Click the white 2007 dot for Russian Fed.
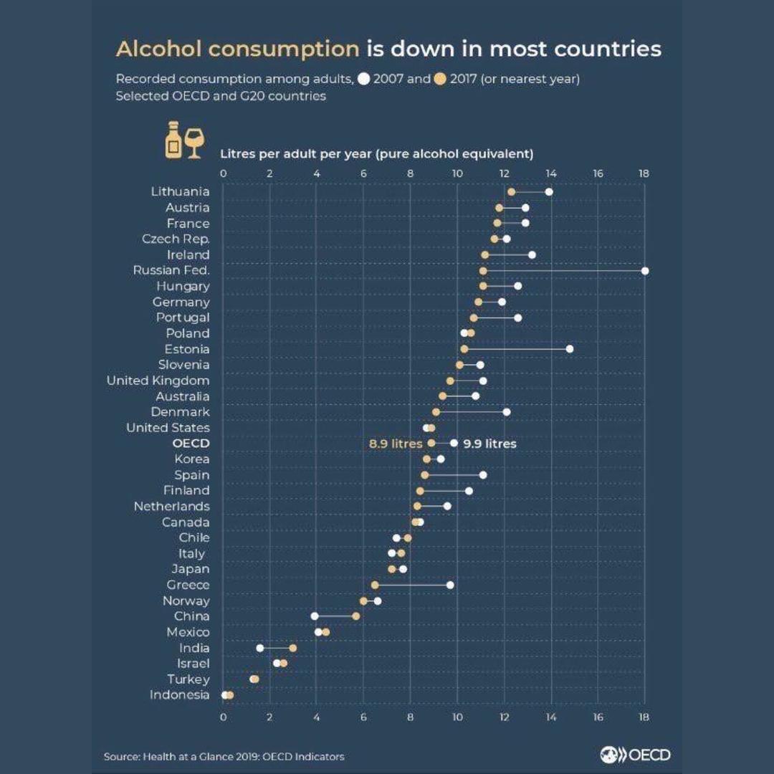[x=645, y=270]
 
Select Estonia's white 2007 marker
[x=570, y=349]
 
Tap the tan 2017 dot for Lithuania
[x=511, y=191]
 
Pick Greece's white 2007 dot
[x=450, y=585]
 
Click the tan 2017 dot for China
[x=355, y=616]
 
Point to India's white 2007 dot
[x=260, y=648]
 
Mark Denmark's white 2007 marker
[x=507, y=412]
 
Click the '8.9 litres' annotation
[x=395, y=444]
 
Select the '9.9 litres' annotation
[x=489, y=444]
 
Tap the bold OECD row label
[x=191, y=444]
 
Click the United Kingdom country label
[x=158, y=381]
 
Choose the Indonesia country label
[x=179, y=695]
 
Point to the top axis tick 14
[x=551, y=173]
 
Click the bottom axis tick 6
[x=363, y=716]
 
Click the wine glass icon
[x=194, y=143]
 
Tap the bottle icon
[x=173, y=140]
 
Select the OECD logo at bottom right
[x=635, y=755]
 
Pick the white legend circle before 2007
[x=363, y=79]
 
